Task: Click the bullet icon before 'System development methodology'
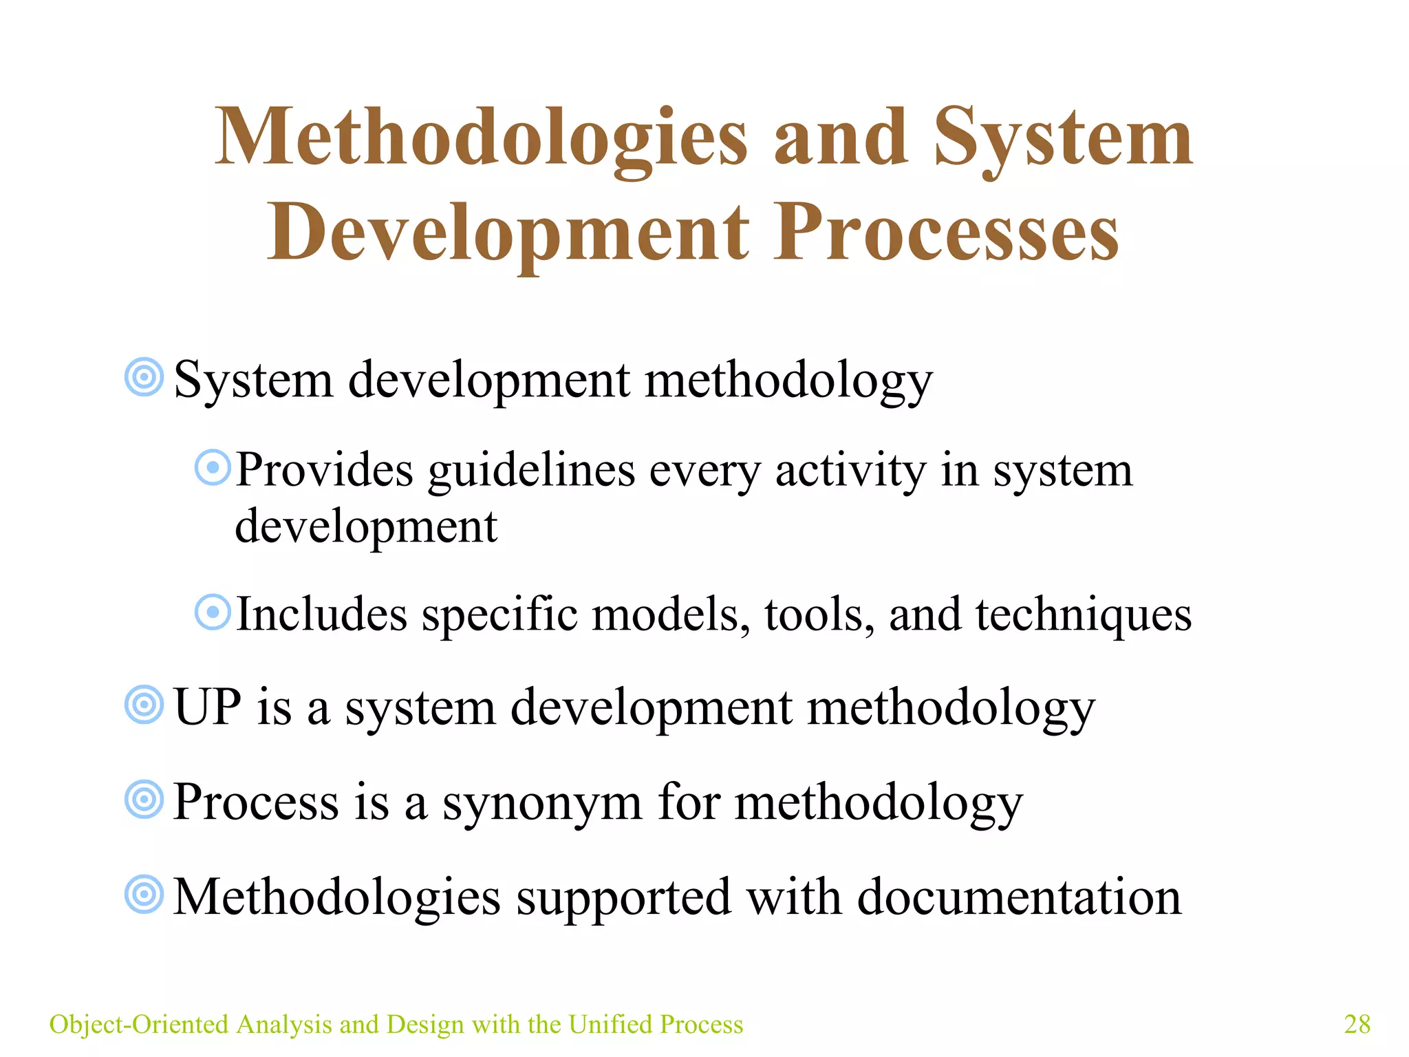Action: (x=144, y=377)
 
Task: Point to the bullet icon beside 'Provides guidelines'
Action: (x=213, y=468)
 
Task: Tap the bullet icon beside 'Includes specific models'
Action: (x=213, y=612)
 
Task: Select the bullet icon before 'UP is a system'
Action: (x=144, y=705)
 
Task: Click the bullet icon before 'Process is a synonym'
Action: (x=144, y=800)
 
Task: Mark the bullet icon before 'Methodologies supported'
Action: (x=144, y=895)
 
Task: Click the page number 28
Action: (x=1357, y=1024)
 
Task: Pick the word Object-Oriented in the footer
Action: (x=138, y=1024)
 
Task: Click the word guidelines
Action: (x=531, y=472)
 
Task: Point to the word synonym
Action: (x=541, y=804)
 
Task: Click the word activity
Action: (x=850, y=472)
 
